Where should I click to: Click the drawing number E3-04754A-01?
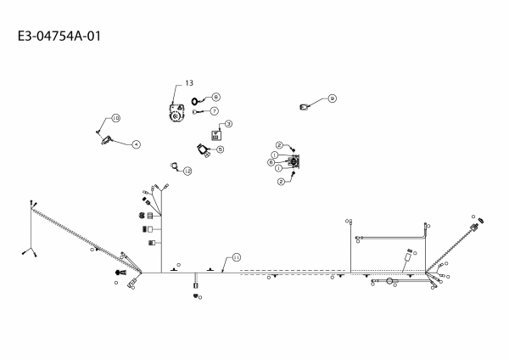[64, 37]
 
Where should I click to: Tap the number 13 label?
[188, 82]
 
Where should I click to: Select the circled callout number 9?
[332, 98]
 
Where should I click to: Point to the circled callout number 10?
[115, 117]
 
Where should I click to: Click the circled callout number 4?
[135, 143]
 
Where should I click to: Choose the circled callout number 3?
[228, 124]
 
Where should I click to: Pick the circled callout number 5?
[220, 149]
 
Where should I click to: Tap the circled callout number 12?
[187, 171]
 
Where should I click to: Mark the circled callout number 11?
[237, 256]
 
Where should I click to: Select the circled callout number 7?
[215, 110]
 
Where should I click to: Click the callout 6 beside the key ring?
[215, 97]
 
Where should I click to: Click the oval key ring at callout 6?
[197, 100]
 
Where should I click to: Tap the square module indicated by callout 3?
[215, 135]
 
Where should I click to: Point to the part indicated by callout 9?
[306, 107]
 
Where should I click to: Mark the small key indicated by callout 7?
[198, 111]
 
